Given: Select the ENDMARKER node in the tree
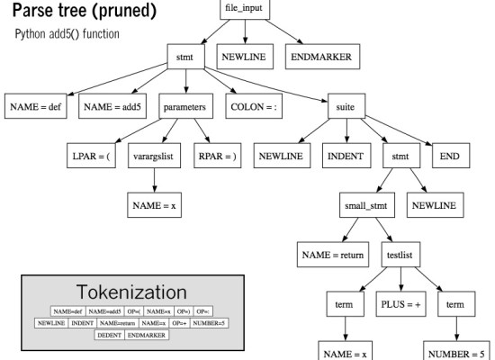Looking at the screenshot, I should coord(319,58).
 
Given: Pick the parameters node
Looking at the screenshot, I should coord(185,105).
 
